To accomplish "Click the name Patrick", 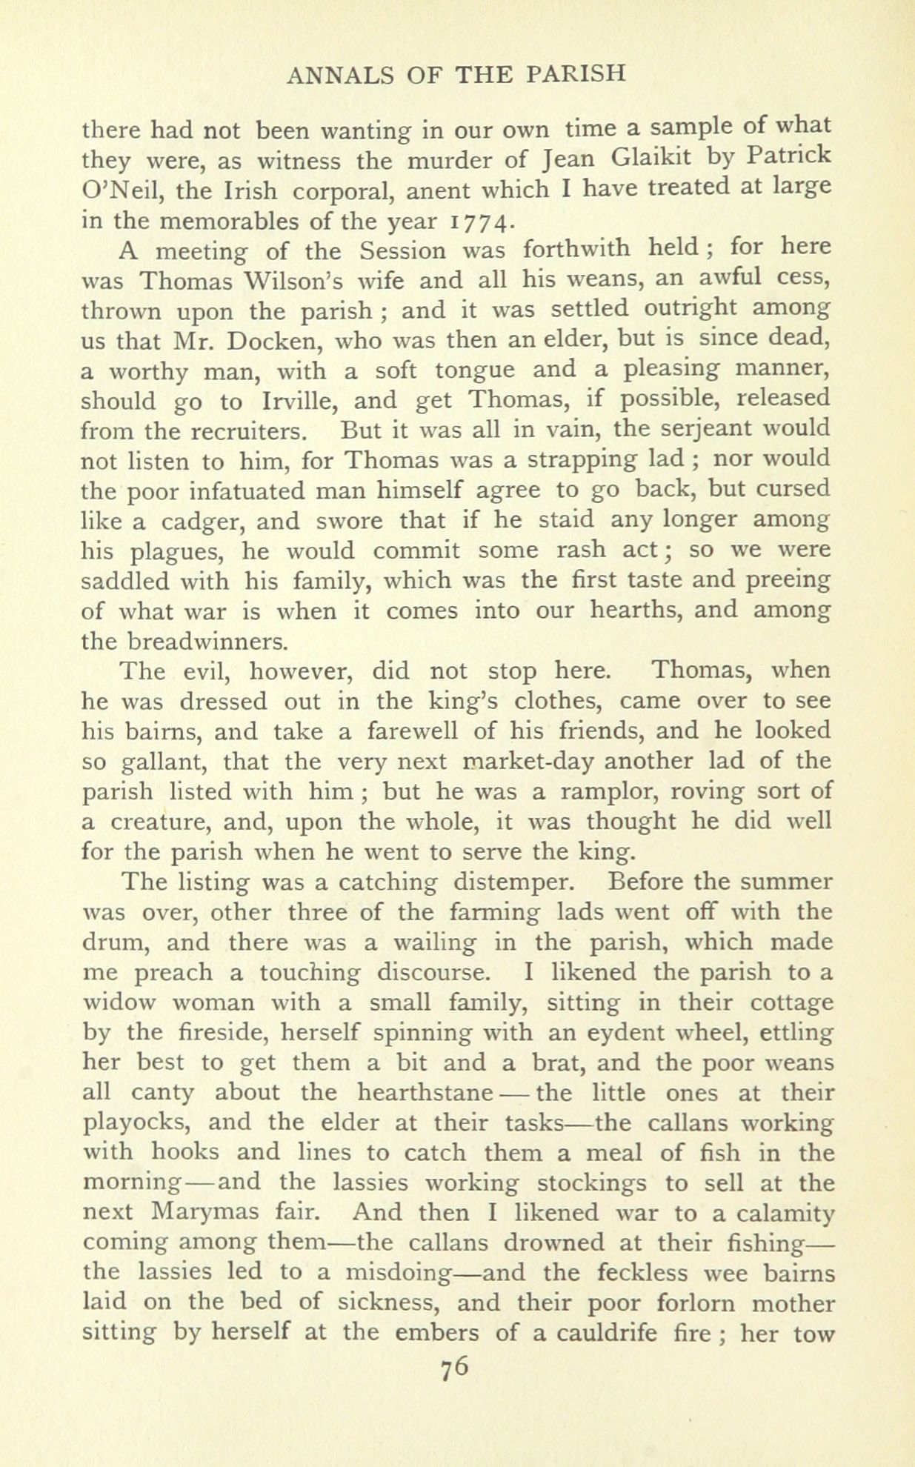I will [788, 160].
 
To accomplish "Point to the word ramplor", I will [608, 792].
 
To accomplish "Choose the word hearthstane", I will [425, 1093].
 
